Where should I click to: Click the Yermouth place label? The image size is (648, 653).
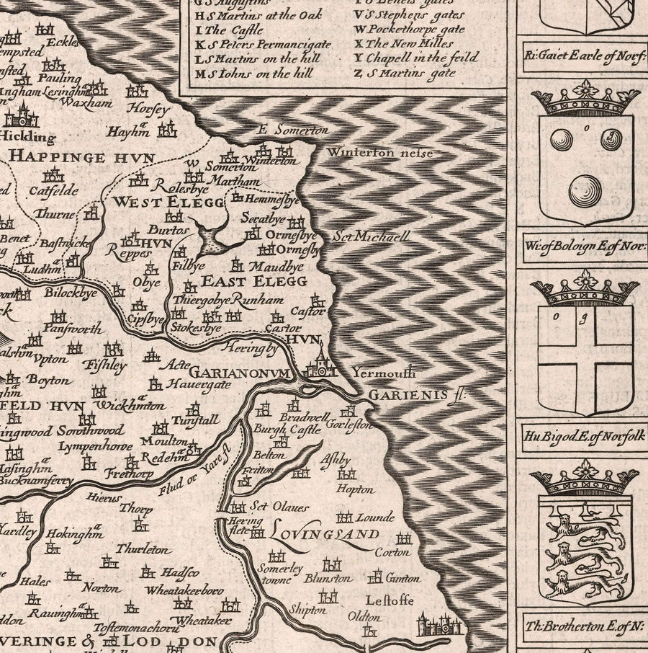pyautogui.click(x=384, y=373)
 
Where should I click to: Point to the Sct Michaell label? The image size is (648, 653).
pyautogui.click(x=372, y=236)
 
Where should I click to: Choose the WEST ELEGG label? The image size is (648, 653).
pyautogui.click(x=167, y=202)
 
